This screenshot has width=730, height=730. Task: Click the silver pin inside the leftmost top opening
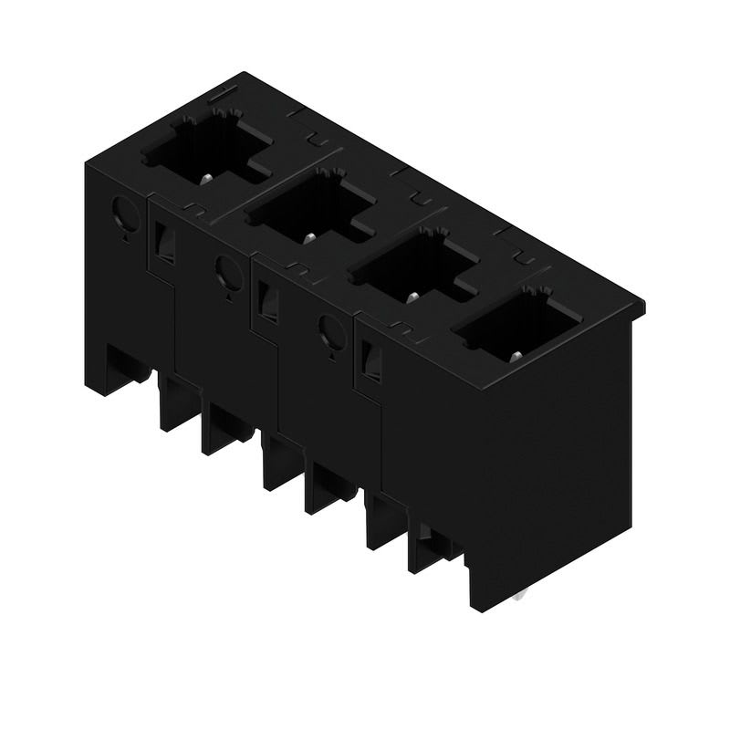click(x=209, y=178)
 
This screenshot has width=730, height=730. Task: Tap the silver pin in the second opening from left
click(x=310, y=238)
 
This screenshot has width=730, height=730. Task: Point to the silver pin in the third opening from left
click(x=412, y=297)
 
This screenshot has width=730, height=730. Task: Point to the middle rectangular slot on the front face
click(x=267, y=302)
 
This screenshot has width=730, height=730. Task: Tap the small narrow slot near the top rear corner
click(x=223, y=94)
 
